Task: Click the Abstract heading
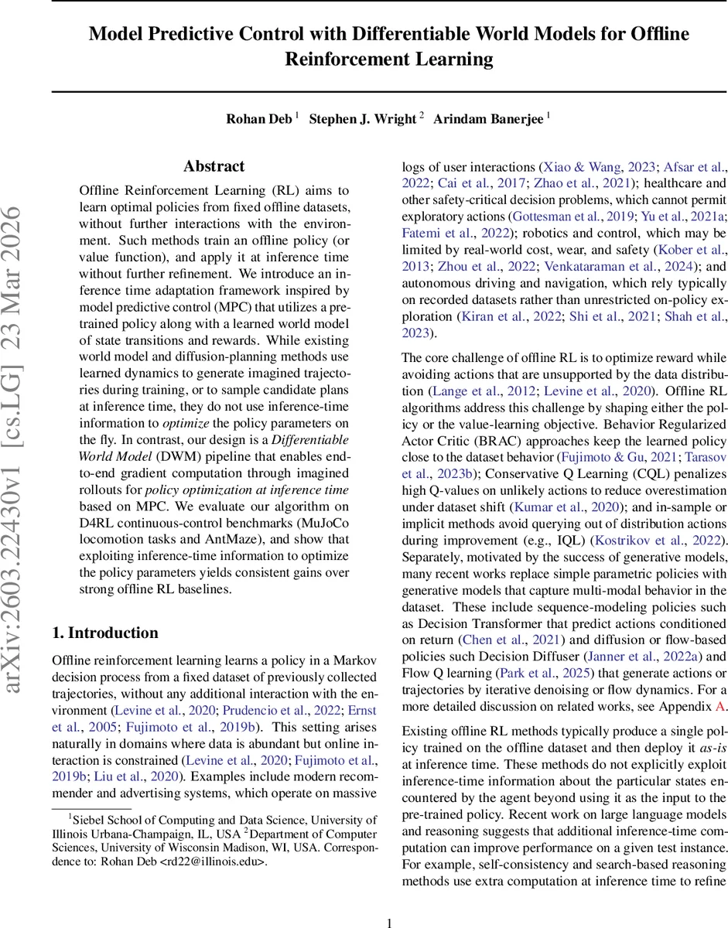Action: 214,166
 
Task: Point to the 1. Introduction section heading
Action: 104,611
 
